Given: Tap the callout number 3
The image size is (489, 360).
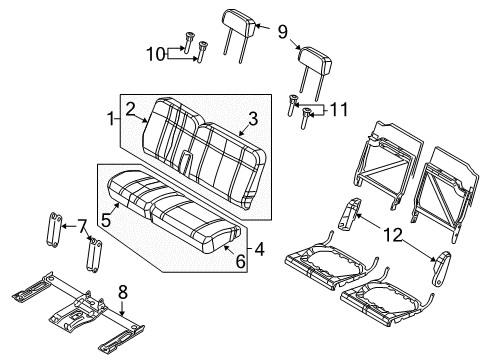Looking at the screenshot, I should coord(253,119).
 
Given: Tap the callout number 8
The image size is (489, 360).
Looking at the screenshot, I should coord(124,293).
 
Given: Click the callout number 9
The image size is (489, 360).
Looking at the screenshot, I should coord(282,32).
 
